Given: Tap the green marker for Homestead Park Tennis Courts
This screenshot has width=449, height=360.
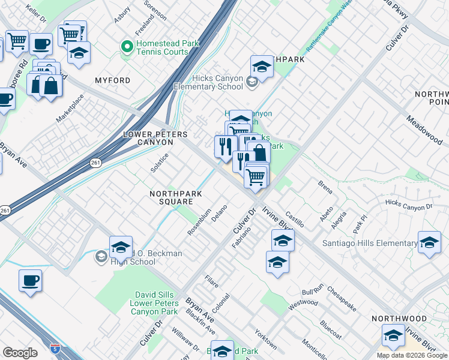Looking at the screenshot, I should pyautogui.click(x=127, y=46).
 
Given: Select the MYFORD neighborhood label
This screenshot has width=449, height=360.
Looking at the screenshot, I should pyautogui.click(x=112, y=80).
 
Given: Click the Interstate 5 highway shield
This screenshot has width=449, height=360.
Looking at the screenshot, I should pyautogui.click(x=55, y=348).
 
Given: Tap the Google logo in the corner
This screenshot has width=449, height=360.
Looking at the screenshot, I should pyautogui.click(x=20, y=353).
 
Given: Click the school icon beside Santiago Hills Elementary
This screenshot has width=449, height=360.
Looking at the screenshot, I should pyautogui.click(x=429, y=242).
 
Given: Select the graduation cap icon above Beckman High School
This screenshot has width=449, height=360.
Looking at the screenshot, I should pyautogui.click(x=121, y=246).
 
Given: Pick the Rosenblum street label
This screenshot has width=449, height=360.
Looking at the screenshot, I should pyautogui.click(x=201, y=223).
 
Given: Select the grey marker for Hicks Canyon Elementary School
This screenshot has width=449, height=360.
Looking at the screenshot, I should pyautogui.click(x=252, y=82).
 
